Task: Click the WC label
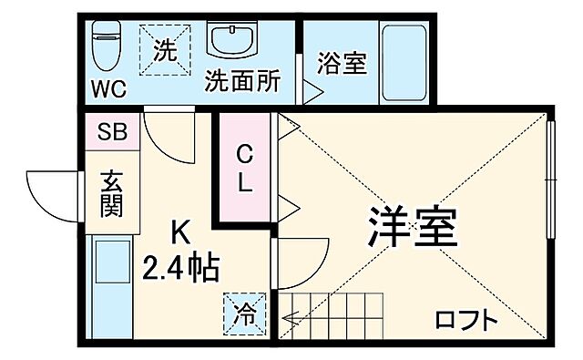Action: point(107,90)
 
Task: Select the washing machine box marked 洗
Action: point(166,47)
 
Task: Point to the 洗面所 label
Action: point(241,80)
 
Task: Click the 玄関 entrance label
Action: point(111,193)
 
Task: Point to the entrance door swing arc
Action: point(50,193)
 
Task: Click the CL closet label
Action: point(245,168)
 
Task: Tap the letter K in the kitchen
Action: point(181,232)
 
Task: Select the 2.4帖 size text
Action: point(179,267)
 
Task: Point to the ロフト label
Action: point(465,320)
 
